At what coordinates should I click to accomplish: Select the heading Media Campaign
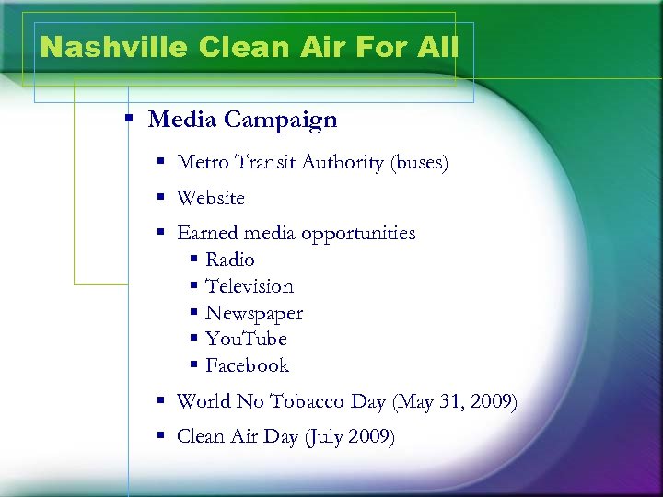[x=242, y=120]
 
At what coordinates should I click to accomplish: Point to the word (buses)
[x=419, y=163]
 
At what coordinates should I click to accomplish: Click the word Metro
[x=203, y=163]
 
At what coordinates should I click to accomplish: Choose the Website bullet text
[x=210, y=198]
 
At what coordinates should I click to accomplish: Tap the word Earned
[x=207, y=234]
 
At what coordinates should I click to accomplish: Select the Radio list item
[x=229, y=260]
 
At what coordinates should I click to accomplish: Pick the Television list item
[x=249, y=287]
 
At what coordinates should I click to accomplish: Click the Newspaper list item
[x=253, y=314]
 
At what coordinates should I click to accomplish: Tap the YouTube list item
[x=246, y=340]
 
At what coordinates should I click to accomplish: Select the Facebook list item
[x=247, y=366]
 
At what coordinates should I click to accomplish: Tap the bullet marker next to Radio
[x=193, y=260]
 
